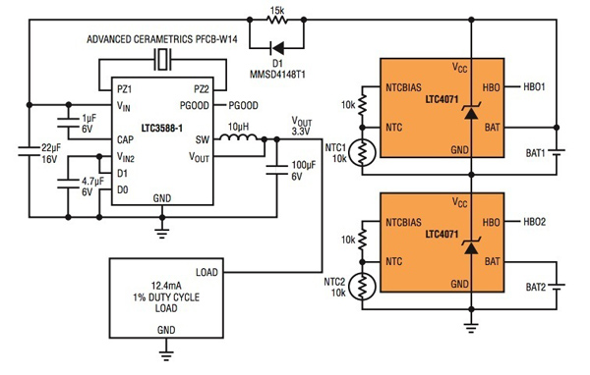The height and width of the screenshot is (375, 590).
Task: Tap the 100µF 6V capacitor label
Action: pos(306,169)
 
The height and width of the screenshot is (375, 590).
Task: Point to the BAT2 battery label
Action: pos(536,289)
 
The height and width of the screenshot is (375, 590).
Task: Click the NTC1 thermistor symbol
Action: pos(364,152)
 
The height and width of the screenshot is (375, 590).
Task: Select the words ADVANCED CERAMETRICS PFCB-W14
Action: pos(162,39)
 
